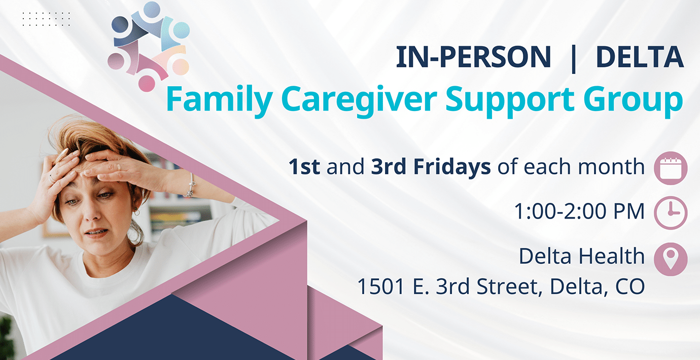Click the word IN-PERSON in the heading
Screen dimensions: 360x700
tap(473, 57)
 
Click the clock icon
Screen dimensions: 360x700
tap(671, 212)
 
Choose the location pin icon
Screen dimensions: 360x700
tap(671, 259)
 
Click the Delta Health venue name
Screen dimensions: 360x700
tap(581, 257)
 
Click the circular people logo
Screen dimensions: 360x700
tap(148, 46)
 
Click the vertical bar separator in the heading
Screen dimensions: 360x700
tap(573, 58)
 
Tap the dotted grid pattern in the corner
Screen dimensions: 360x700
tap(46, 19)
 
